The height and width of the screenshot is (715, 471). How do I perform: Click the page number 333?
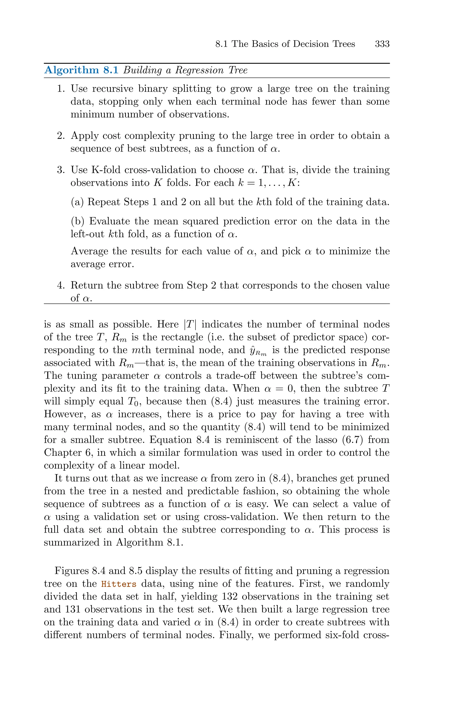[382, 44]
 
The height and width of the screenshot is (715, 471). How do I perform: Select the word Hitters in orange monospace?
[119, 584]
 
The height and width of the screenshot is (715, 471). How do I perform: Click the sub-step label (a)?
[77, 202]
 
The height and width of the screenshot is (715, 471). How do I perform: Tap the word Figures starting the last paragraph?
[72, 571]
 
